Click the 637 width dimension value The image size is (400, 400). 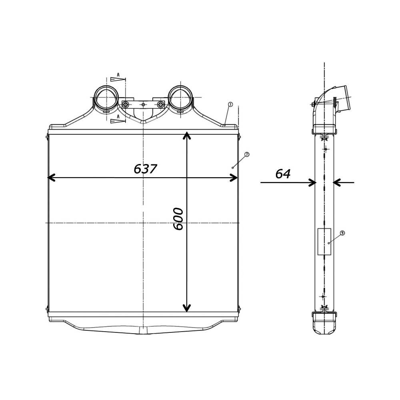tap(145, 169)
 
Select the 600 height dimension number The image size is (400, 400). tap(178, 219)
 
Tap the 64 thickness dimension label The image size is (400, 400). tap(283, 174)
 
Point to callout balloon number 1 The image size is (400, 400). tap(230, 104)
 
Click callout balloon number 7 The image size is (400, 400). tap(247, 154)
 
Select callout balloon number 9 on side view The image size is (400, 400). tap(342, 233)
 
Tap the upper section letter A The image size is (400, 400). tap(118, 75)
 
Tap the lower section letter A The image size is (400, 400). tap(118, 116)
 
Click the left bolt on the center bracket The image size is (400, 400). tap(126, 104)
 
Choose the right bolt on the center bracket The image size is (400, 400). tap(160, 104)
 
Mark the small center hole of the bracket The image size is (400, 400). tap(143, 104)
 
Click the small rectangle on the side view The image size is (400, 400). tap(324, 242)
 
